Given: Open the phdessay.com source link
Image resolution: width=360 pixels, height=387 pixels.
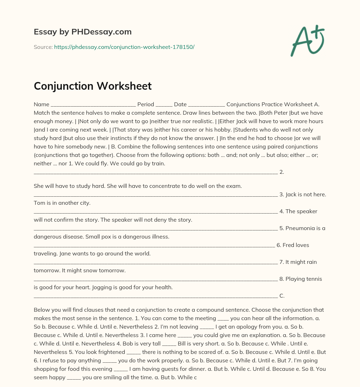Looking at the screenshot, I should [x=124, y=47].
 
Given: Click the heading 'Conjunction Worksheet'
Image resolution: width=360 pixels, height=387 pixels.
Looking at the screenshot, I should [x=93, y=86].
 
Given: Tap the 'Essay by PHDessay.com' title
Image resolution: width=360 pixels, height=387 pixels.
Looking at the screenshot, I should [x=83, y=32].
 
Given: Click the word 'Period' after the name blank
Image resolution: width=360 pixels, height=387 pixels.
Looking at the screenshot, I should [x=146, y=104].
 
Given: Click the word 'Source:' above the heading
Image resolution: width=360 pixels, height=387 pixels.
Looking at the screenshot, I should [x=43, y=47].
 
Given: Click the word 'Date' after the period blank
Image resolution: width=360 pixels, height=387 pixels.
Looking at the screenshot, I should [x=180, y=104].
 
